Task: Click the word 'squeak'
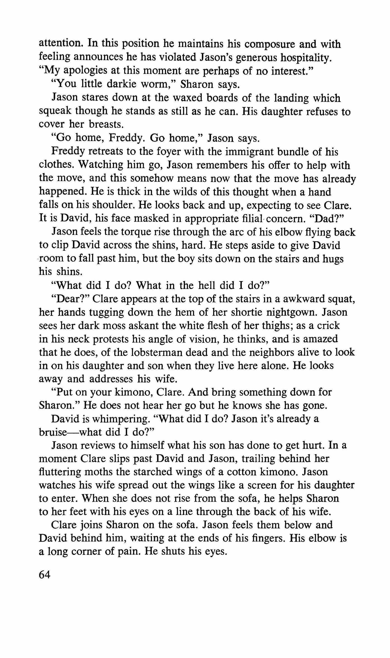(x=55, y=111)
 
